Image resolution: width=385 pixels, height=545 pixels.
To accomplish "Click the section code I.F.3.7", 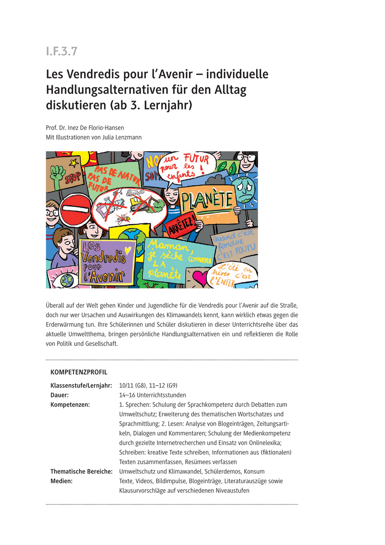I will click(x=62, y=51).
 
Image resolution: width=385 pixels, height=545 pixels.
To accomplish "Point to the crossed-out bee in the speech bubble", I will click(x=123, y=220).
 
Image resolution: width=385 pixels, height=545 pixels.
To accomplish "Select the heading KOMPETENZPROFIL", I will click(x=79, y=372).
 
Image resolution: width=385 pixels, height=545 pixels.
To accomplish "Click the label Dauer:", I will click(x=59, y=395).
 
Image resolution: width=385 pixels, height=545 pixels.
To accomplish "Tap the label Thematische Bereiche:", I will click(x=81, y=471).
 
